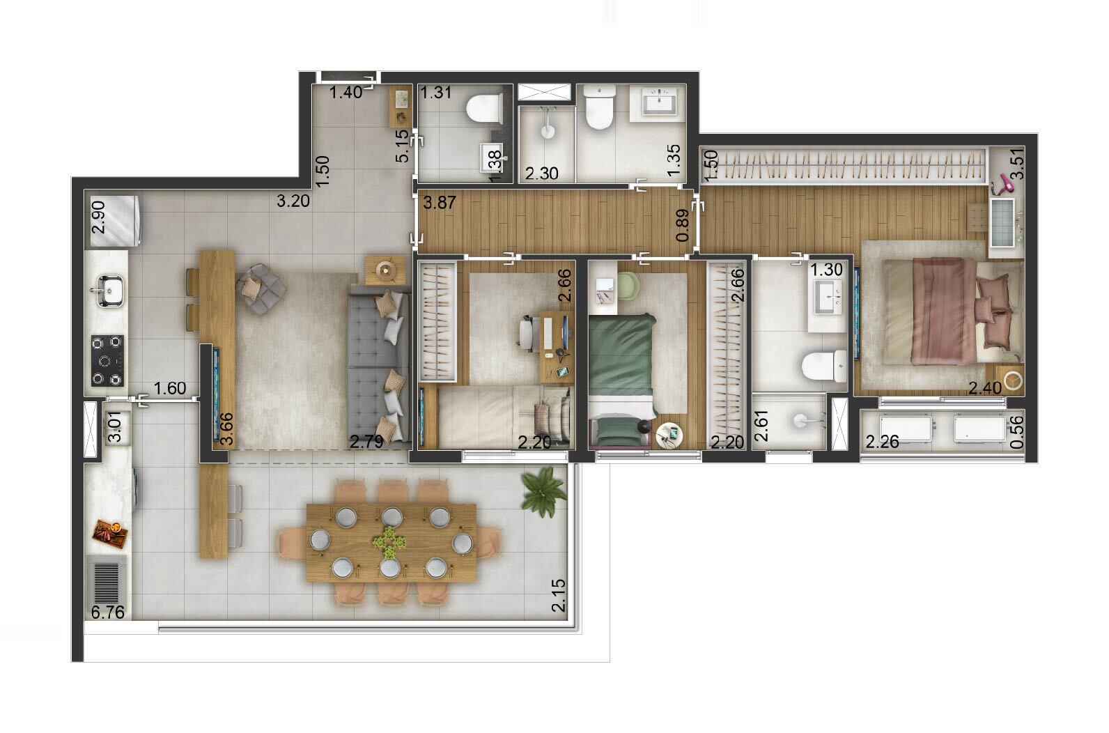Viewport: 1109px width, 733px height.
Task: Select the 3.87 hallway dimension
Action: [439, 204]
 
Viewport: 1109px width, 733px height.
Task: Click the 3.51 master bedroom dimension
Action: [1018, 166]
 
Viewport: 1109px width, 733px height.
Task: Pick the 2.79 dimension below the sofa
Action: [366, 442]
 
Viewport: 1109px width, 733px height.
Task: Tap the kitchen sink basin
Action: [108, 291]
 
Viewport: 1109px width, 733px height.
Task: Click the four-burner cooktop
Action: [107, 360]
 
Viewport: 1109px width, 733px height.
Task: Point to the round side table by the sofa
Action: [384, 270]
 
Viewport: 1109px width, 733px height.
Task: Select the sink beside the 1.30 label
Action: [830, 298]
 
